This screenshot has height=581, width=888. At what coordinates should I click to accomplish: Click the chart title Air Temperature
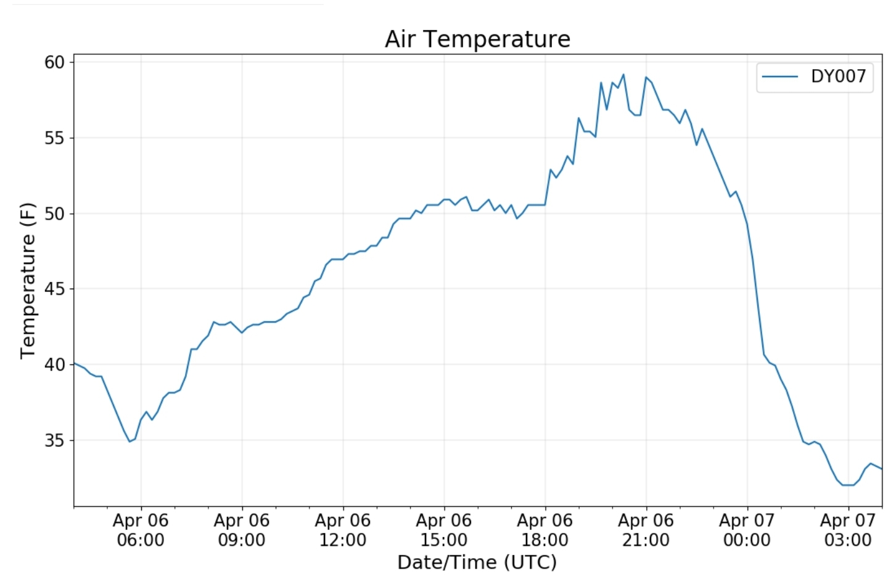pos(477,39)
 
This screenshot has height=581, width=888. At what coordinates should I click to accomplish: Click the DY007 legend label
pos(838,76)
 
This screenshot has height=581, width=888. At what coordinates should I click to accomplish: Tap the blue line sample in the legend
pos(780,76)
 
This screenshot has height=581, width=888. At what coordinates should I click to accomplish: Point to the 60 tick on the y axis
pos(54,62)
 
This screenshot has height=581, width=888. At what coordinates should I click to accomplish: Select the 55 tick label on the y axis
pos(54,138)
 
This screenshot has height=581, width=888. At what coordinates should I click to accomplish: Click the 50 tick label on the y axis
pos(54,214)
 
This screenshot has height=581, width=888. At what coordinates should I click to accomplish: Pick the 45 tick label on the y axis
pos(54,289)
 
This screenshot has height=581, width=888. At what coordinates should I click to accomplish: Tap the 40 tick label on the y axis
pos(54,365)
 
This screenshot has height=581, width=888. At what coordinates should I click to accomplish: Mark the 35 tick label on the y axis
pos(54,441)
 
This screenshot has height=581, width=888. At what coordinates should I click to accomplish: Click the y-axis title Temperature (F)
pos(28,281)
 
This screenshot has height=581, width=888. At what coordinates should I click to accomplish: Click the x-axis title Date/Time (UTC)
pos(477,562)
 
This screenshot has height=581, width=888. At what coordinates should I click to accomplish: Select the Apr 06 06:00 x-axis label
pos(141,530)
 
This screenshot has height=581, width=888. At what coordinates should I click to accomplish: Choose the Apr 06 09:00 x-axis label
pos(242,530)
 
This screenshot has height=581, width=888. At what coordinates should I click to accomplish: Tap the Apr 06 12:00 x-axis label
pos(343,530)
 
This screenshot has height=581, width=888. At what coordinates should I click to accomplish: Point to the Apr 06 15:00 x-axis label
pos(444,530)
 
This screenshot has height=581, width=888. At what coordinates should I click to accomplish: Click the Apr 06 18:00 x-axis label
pos(545,530)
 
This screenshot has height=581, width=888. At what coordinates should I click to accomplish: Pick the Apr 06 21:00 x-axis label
pos(646,530)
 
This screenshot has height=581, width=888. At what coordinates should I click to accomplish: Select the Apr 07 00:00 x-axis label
pos(747,530)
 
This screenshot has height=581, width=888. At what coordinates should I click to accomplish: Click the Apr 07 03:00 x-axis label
pos(848,530)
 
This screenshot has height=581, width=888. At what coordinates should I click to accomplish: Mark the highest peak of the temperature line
pos(623,75)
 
